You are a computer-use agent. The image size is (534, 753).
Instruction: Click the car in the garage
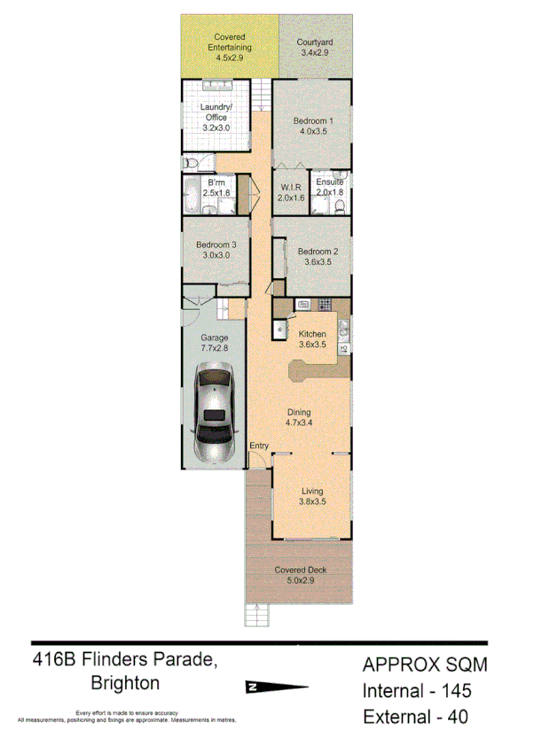pos(214,416)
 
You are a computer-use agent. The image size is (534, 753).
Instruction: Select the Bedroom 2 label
pos(317,251)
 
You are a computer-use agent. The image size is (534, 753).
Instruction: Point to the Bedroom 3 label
pos(216,245)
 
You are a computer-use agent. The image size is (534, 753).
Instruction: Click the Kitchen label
pos(313,333)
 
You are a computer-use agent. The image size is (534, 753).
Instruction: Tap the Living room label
pos(312,492)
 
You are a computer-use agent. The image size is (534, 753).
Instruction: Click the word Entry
pos(259,446)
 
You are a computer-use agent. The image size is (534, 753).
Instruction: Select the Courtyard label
pos(314,42)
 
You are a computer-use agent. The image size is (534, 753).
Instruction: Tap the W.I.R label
pos(292,188)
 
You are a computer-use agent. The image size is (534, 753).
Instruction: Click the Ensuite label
pos(329,182)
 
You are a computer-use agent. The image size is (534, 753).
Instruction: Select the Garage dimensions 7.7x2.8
pos(214,349)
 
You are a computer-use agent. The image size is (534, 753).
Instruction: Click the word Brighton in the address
pos(125,683)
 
